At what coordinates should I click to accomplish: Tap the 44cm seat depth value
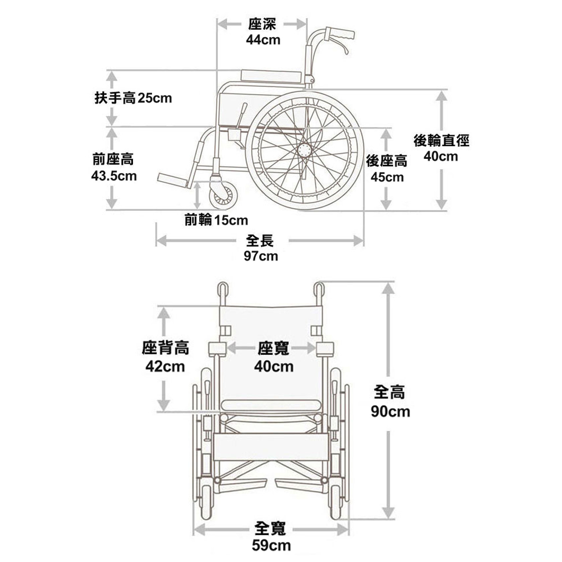click(263, 40)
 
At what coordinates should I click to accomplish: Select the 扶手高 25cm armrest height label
click(133, 98)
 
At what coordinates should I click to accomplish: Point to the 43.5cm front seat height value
click(113, 176)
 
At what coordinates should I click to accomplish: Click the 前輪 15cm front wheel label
click(216, 219)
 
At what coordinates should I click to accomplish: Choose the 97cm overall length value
click(261, 256)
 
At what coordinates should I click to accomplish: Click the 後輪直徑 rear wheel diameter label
click(441, 141)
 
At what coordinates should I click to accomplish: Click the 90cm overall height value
click(390, 412)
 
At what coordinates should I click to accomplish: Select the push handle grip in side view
click(340, 34)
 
